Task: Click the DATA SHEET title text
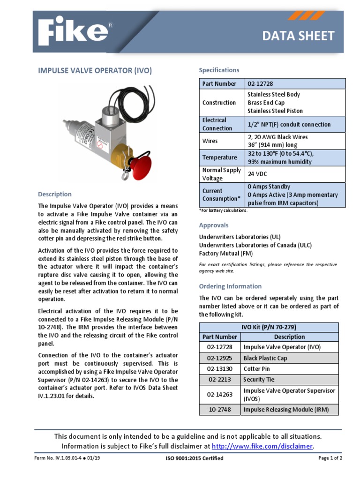pyautogui.click(x=304, y=36)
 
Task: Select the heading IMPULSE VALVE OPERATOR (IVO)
pyautogui.click(x=95, y=70)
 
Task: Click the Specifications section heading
pyautogui.click(x=219, y=70)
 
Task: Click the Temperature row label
pyautogui.click(x=219, y=157)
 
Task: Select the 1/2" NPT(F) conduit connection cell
pyautogui.click(x=289, y=124)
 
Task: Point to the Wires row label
pyautogui.click(x=210, y=141)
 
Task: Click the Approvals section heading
pyautogui.click(x=214, y=225)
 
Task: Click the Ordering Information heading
pyautogui.click(x=230, y=286)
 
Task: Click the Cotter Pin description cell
pyautogui.click(x=257, y=368)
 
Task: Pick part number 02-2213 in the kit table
pyautogui.click(x=219, y=379)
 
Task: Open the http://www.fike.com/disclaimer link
pyautogui.click(x=262, y=446)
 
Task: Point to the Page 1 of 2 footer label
pyautogui.click(x=330, y=458)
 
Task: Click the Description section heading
pyautogui.click(x=55, y=194)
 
